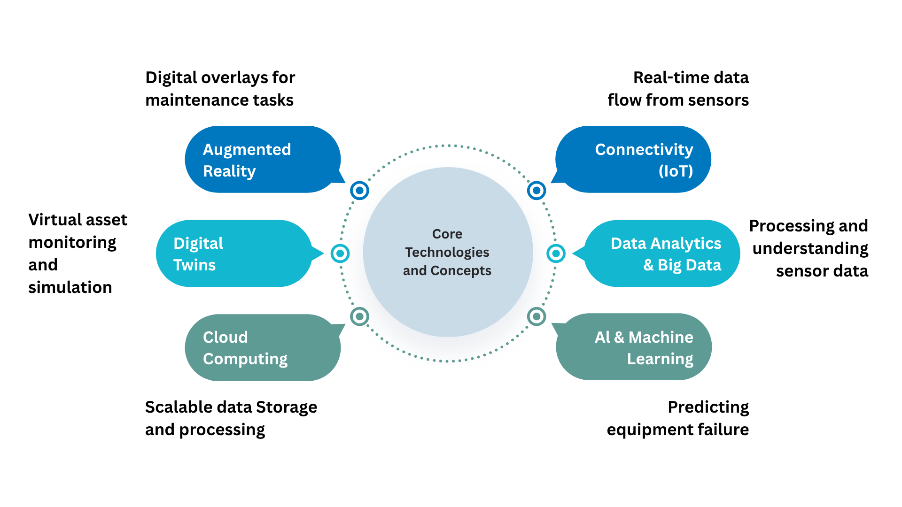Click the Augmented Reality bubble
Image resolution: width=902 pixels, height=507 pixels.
tap(263, 160)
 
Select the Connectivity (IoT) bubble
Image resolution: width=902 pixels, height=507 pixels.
tap(633, 160)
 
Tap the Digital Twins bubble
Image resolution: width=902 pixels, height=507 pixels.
tap(235, 253)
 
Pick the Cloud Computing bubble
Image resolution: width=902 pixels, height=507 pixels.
tap(263, 347)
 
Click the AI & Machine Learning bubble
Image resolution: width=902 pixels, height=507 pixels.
tap(633, 347)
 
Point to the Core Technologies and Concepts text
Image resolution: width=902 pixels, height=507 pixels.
tap(447, 252)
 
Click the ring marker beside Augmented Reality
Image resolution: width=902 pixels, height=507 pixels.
tap(359, 191)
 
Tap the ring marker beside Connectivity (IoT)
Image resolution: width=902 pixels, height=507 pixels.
tap(537, 191)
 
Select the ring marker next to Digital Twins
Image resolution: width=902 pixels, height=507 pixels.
tap(340, 253)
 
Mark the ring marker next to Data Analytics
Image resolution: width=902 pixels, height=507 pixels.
tap(556, 253)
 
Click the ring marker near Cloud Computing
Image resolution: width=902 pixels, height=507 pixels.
tap(359, 316)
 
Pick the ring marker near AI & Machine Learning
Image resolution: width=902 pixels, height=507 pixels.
tap(537, 316)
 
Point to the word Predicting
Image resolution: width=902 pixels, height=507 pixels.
tap(708, 407)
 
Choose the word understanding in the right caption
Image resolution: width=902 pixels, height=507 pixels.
tap(810, 249)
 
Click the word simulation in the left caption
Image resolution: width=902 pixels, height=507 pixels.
tap(70, 287)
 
